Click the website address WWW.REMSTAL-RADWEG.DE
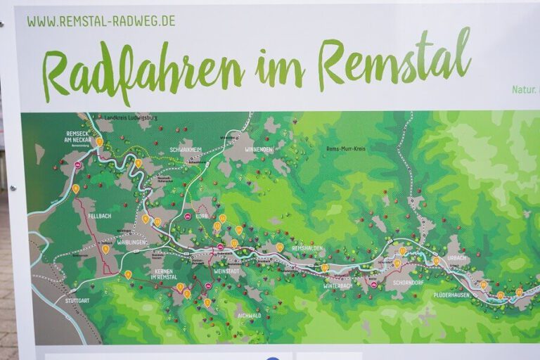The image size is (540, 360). coord(101,21)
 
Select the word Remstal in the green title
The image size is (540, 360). coord(394,58)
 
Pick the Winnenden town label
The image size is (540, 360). coord(258,150)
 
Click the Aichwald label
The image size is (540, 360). coord(249,316)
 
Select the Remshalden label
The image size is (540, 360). coord(307,249)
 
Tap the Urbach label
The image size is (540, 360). coord(456,258)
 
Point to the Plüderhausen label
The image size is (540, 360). coord(451,295)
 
